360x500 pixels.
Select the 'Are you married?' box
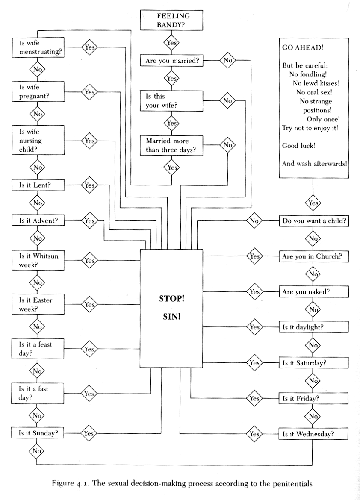[x=171, y=61]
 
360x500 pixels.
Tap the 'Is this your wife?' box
[x=171, y=100]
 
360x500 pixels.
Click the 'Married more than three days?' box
[x=171, y=145]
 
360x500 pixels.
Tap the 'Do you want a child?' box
[x=314, y=221]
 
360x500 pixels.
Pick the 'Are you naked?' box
[x=314, y=292]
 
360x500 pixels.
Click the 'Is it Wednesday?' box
[x=314, y=434]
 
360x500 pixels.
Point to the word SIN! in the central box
[x=171, y=318]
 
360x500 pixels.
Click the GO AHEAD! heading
[x=300, y=48]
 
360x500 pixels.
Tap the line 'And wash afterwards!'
[x=314, y=163]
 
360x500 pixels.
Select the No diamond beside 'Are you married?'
[x=227, y=61]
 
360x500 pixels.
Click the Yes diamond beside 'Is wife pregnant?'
[x=89, y=92]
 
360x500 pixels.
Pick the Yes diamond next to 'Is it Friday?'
[x=254, y=398]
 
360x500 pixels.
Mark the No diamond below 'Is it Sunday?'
[x=36, y=450]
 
